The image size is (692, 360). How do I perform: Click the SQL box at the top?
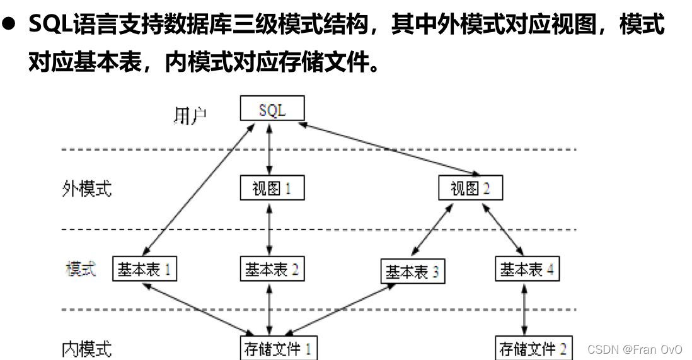tap(272, 110)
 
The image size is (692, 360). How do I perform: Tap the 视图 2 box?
tap(470, 188)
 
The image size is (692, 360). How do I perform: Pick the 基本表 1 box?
tap(144, 269)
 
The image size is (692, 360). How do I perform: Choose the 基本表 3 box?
tap(412, 272)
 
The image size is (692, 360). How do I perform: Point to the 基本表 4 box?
tap(526, 269)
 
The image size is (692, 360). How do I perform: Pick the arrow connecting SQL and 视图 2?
tap(389, 149)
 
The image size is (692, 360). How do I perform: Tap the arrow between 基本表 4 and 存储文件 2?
tap(524, 309)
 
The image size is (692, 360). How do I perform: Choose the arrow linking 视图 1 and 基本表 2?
tap(270, 228)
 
